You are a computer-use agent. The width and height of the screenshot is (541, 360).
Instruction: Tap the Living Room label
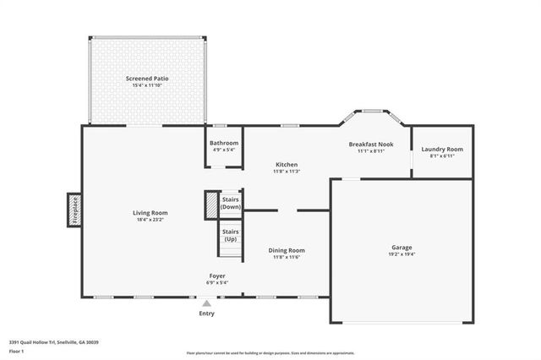pyautogui.click(x=150, y=212)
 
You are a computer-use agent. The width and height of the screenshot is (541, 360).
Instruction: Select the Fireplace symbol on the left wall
pyautogui.click(x=74, y=209)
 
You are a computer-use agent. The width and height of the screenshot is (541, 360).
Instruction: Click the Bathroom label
pyautogui.click(x=225, y=144)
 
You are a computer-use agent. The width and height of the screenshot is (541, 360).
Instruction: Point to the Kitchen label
pyautogui.click(x=286, y=164)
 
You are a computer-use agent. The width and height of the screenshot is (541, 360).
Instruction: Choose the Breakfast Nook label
pyautogui.click(x=371, y=145)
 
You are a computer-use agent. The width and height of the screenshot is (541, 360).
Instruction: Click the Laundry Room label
pyautogui.click(x=443, y=150)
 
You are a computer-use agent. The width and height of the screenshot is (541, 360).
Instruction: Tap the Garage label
pyautogui.click(x=402, y=247)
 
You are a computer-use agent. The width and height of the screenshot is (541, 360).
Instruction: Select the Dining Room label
pyautogui.click(x=287, y=250)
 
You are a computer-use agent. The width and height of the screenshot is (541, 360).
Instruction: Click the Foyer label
pyautogui.click(x=217, y=276)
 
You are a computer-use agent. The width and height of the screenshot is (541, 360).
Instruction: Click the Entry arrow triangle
pyautogui.click(x=206, y=303)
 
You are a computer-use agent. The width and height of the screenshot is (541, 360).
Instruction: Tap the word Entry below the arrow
pyautogui.click(x=206, y=314)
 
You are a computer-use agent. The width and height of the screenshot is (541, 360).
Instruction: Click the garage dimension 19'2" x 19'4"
pyautogui.click(x=402, y=254)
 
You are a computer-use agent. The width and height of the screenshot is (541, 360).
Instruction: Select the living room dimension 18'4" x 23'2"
pyautogui.click(x=150, y=220)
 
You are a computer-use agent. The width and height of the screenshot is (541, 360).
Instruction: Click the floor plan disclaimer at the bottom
pyautogui.click(x=270, y=352)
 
